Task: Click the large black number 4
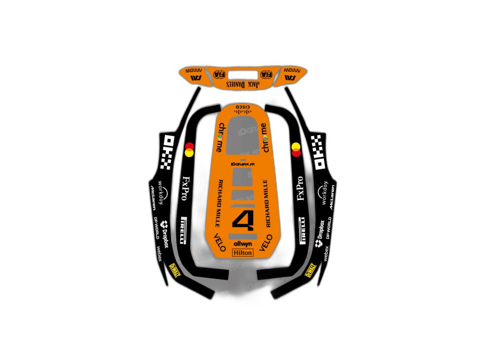coord(242,221)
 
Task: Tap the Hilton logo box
coord(243,253)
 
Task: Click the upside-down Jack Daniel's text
coord(243,83)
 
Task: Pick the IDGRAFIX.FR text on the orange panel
coord(243,164)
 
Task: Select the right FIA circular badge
coord(266,74)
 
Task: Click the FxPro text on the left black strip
coord(186,188)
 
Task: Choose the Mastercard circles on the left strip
coord(189,149)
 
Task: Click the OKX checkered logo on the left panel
coord(167,151)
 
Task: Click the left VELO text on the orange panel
coord(219,242)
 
